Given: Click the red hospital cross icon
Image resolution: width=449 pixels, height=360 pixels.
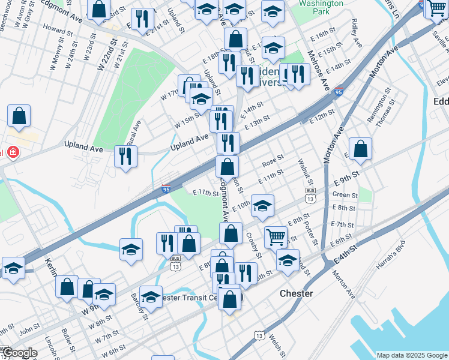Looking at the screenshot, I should coord(11,153).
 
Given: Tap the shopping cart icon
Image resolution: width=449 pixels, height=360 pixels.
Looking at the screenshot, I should coord(276,236).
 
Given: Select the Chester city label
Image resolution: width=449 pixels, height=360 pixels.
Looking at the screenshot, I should coord(297,293).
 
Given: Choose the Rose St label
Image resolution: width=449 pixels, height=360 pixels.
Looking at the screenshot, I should coord(273,162).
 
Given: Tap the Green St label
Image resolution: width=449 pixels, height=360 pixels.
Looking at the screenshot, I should coord(345,194).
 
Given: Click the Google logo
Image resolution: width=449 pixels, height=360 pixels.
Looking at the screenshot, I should coord(19,353).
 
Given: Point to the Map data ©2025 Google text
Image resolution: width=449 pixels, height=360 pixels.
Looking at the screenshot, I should coord(412,355).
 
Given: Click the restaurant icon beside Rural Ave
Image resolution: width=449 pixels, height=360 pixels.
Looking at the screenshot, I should coord(125,156).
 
